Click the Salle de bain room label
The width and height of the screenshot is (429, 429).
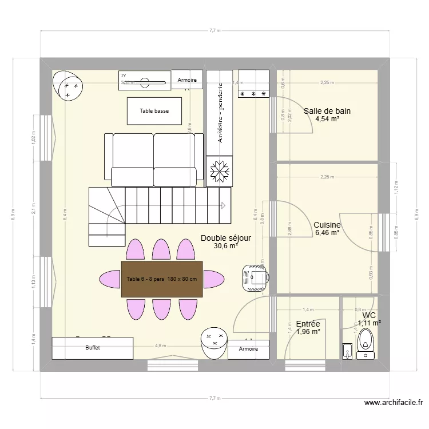pos(327,111)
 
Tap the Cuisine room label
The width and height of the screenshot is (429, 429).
pos(327,225)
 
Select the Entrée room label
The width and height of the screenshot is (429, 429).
pos(307,324)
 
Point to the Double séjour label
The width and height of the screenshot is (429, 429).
pos(225,238)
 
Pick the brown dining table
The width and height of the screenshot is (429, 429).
pos(162,279)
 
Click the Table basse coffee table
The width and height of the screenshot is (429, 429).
pos(154,111)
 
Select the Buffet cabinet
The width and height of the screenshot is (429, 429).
pos(93,348)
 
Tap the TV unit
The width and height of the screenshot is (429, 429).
pos(145,81)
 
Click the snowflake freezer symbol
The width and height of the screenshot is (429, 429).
pos(219,171)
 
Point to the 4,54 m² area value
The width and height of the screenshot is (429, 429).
pos(327,120)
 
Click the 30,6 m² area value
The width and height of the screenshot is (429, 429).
pos(225,247)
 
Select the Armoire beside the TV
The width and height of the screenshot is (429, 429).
pos(187,80)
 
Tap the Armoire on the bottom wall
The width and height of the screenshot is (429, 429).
pos(248,349)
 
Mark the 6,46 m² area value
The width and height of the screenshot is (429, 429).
pos(327,233)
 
